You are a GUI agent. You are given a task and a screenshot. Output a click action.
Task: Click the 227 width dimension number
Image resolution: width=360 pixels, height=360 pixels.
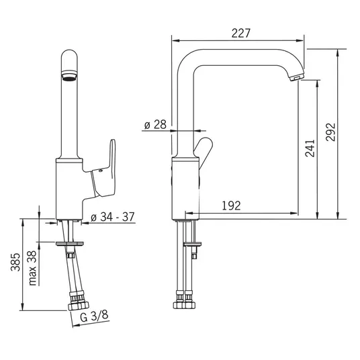point(240,33)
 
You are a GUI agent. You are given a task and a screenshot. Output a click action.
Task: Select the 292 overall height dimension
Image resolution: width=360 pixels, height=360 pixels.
point(330,132)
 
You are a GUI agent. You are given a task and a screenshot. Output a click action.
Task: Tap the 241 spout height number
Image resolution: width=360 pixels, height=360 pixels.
point(310,148)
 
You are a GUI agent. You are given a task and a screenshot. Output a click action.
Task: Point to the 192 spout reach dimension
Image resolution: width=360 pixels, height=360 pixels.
point(231,206)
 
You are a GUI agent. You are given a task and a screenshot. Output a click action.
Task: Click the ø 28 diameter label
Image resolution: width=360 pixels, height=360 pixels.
point(155,124)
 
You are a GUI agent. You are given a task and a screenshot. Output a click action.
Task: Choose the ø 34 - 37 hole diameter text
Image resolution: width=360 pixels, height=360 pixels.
point(113,217)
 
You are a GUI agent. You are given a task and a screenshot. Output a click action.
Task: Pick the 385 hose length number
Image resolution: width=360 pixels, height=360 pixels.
point(16,262)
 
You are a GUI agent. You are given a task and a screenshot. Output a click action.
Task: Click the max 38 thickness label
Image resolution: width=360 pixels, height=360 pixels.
point(32,268)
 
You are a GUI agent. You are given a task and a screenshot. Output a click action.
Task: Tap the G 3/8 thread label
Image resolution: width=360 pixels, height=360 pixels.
point(94,316)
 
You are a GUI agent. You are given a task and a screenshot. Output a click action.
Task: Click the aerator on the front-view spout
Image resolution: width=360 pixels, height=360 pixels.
point(69,76)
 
